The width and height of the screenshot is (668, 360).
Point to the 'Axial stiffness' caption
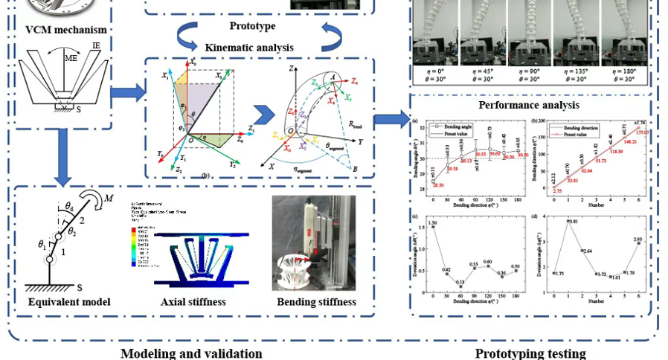coord(193,302)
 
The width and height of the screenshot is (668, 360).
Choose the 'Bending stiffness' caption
coord(316,302)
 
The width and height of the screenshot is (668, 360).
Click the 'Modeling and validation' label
coord(191,353)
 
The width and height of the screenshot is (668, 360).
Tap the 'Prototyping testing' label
coord(530,353)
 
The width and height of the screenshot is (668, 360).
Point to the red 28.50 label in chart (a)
coord(439,184)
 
